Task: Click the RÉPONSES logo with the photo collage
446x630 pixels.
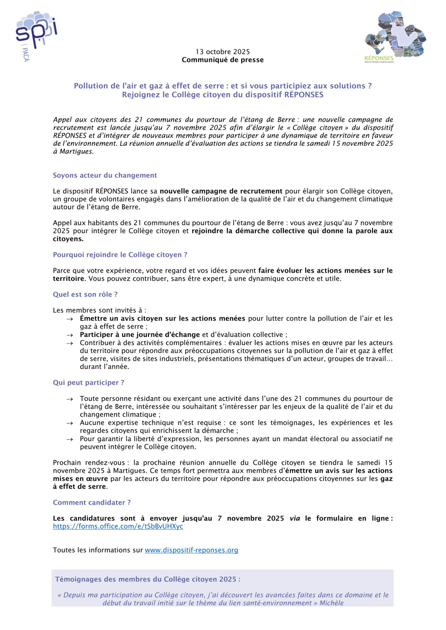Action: click(394, 36)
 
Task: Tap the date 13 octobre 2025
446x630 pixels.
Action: click(223, 52)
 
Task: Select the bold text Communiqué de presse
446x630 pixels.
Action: click(223, 60)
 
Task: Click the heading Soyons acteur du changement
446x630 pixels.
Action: click(105, 175)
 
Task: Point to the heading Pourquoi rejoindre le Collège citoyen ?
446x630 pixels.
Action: click(120, 255)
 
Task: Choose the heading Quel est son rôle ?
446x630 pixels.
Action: click(85, 295)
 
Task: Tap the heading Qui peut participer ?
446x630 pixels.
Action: click(89, 383)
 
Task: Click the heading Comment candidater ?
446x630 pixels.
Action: click(92, 502)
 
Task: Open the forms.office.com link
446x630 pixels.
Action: click(118, 526)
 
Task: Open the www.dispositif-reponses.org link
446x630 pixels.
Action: click(191, 550)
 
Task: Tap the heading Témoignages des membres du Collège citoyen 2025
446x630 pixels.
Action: click(148, 579)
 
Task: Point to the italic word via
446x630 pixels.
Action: click(295, 518)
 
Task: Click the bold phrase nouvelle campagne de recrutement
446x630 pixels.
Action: click(221, 191)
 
